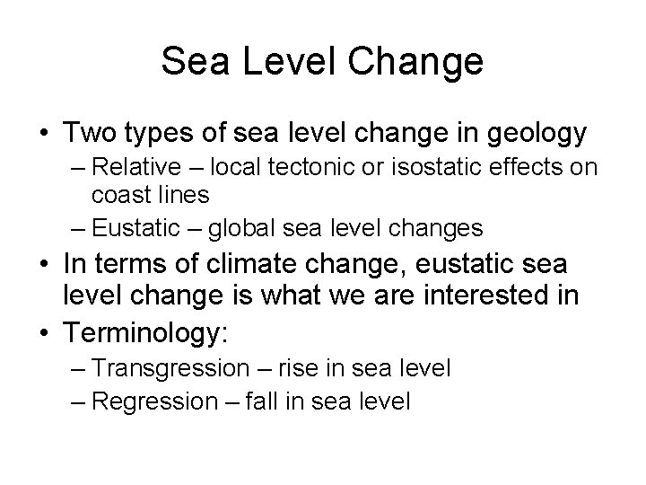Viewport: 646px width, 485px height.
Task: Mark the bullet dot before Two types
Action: coord(43,134)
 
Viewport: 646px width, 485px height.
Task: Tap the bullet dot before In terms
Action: coord(43,269)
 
